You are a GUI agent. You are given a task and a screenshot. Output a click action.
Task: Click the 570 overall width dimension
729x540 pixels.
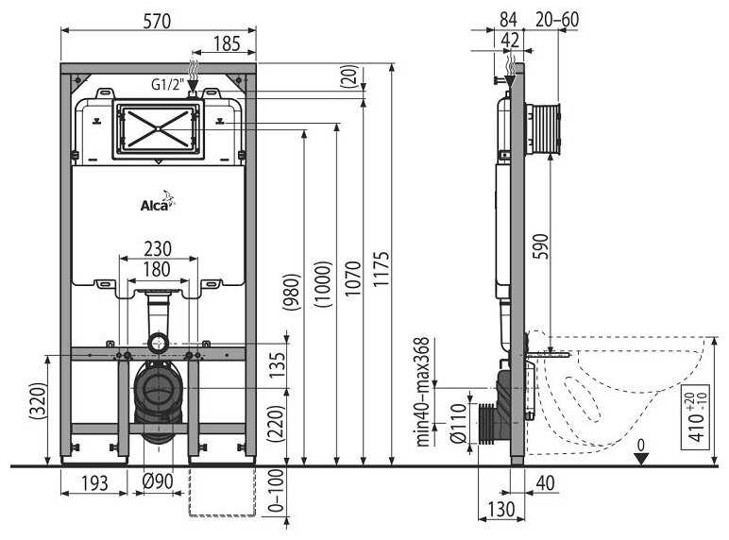(157, 22)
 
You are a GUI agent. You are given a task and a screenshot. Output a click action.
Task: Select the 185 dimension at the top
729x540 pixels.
(227, 44)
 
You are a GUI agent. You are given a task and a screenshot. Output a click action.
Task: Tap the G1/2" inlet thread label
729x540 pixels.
(168, 85)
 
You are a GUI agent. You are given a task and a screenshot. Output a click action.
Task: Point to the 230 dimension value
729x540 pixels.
(158, 249)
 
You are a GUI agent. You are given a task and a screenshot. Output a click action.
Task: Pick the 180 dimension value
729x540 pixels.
(157, 270)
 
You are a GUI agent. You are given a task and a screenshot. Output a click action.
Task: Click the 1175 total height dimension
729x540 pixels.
(381, 269)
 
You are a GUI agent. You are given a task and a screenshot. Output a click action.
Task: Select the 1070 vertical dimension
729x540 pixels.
(353, 278)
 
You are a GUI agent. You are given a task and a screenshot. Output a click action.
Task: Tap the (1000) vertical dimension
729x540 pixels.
(323, 284)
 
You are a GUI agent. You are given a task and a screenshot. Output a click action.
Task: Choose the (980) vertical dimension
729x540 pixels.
(293, 292)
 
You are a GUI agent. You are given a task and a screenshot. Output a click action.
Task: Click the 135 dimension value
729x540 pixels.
(277, 365)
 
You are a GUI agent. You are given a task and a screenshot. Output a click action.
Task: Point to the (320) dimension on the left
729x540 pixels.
(38, 401)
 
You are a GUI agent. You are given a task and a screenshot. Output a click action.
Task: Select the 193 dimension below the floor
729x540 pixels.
(94, 482)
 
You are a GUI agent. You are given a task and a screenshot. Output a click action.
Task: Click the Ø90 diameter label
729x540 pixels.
(158, 481)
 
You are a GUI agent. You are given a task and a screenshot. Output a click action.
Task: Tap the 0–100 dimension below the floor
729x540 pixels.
(276, 490)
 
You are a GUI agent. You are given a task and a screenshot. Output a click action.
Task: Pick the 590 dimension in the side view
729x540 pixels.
(541, 246)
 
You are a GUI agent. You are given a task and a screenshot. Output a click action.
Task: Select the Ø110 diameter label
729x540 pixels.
(458, 423)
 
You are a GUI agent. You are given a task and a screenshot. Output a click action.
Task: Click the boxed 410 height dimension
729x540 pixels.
(696, 417)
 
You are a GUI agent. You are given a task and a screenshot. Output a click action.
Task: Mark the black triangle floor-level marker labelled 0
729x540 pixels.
(641, 459)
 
